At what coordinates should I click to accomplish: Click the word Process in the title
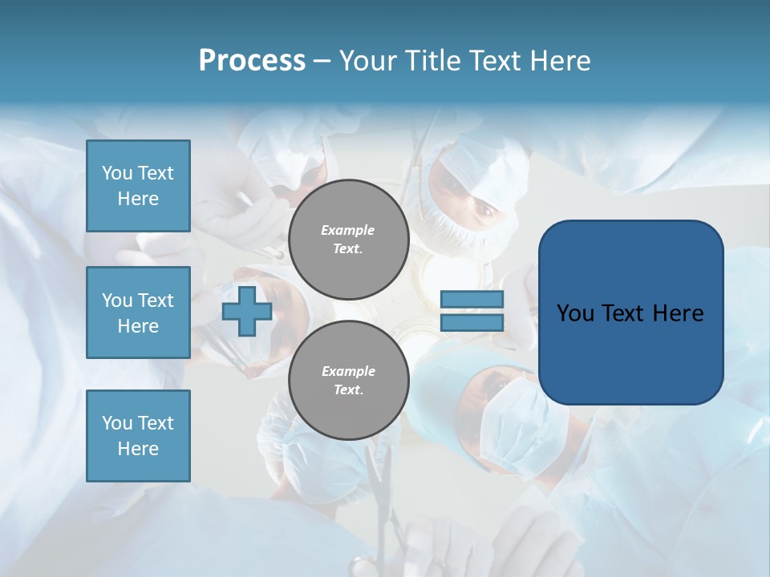coord(252,61)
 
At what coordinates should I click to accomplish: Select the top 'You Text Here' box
coord(138,186)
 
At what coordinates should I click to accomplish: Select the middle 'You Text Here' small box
coord(138,313)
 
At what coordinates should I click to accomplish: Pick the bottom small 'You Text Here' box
coord(138,436)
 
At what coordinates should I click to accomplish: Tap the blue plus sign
coord(247,311)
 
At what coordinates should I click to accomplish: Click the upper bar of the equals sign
coord(472,300)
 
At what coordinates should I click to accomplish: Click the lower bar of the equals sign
coord(472,322)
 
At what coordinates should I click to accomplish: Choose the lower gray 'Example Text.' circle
coord(348,381)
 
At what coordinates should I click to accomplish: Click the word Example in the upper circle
coord(347,230)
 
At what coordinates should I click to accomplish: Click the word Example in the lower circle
coord(348,371)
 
